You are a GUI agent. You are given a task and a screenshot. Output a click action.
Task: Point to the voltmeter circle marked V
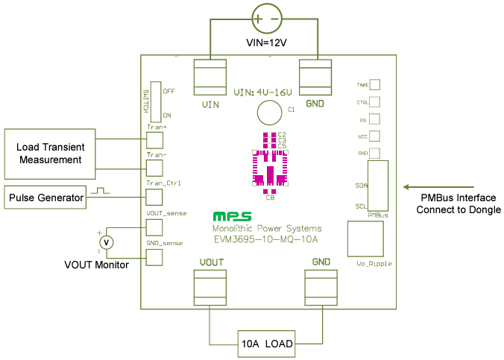(107, 241)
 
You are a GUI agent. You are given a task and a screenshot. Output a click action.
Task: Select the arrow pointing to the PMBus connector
(439, 187)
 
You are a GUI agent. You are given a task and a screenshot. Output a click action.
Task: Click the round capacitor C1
(269, 113)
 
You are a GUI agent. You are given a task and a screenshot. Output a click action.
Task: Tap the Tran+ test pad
(155, 139)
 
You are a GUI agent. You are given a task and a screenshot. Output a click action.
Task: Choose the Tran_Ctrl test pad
(155, 197)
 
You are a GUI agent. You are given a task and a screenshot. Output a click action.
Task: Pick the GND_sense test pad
(155, 256)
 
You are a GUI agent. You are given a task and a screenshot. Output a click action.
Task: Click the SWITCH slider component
(156, 101)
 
